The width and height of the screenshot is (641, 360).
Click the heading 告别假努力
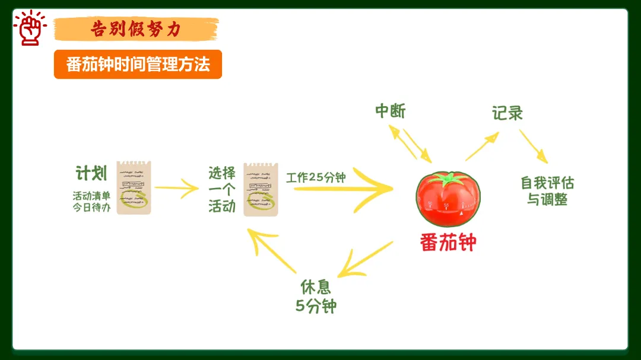pyautogui.click(x=136, y=28)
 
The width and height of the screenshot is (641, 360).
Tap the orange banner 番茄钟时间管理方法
pyautogui.click(x=138, y=64)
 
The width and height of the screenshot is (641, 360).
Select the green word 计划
pyautogui.click(x=91, y=173)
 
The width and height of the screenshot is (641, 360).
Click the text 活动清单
pyautogui.click(x=91, y=196)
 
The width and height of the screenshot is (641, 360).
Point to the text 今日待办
pyautogui.click(x=91, y=208)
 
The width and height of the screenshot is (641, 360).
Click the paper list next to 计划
pyautogui.click(x=134, y=187)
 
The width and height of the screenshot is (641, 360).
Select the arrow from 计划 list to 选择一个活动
pyautogui.click(x=176, y=189)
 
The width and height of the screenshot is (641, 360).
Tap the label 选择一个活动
pyautogui.click(x=222, y=190)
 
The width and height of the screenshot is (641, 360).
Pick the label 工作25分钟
pyautogui.click(x=316, y=177)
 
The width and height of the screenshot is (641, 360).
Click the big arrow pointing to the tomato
pyautogui.click(x=344, y=189)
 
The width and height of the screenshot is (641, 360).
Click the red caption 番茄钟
pyautogui.click(x=448, y=242)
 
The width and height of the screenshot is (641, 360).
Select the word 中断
pyautogui.click(x=390, y=111)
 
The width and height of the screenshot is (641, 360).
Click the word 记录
pyautogui.click(x=507, y=113)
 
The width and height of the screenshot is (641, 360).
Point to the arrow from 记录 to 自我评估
pyautogui.click(x=533, y=146)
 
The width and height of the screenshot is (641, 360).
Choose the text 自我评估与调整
pyautogui.click(x=547, y=191)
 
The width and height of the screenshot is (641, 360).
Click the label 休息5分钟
pyautogui.click(x=316, y=296)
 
